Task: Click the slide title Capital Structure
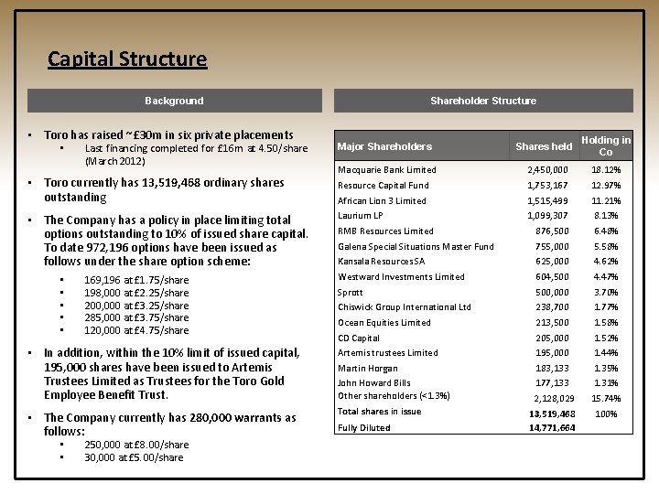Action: pos(127,59)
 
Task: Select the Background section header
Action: pos(174,101)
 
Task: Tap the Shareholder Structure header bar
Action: pos(483,101)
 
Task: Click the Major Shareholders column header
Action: pos(384,146)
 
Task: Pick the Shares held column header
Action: pos(544,146)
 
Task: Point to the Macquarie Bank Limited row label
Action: pos(387,170)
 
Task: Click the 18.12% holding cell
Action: pos(606,170)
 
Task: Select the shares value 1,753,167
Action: pos(547,186)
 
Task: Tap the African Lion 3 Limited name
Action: pos(382,201)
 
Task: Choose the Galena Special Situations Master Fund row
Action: pos(416,246)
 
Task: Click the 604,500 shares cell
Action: pos(552,277)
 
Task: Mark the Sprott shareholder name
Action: pos(351,293)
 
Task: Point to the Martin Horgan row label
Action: pos(368,369)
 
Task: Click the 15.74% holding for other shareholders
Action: pos(606,399)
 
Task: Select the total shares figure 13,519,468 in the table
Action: pos(552,413)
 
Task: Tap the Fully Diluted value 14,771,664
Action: pos(552,428)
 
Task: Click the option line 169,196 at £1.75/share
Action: pos(136,280)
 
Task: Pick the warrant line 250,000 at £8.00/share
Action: pos(136,445)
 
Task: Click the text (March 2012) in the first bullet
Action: pos(115,161)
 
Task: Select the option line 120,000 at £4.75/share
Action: pos(136,330)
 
